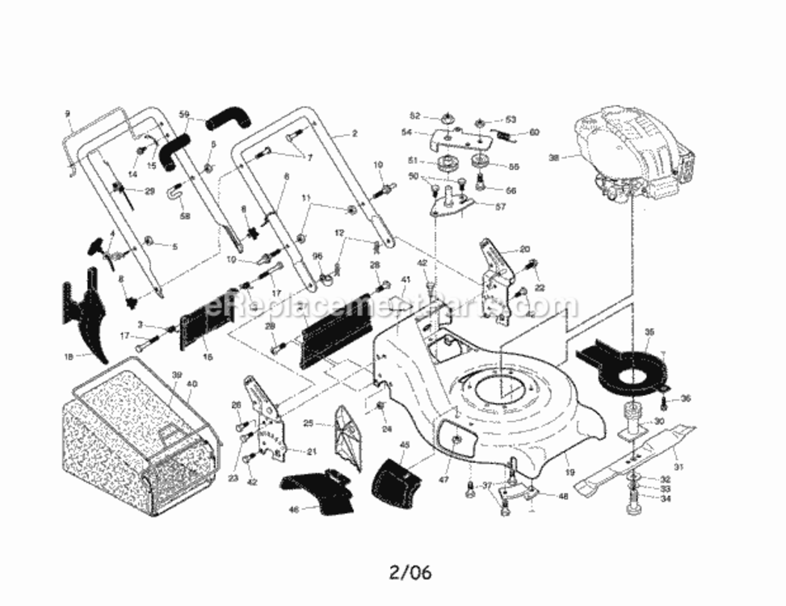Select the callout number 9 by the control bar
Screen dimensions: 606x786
(68, 114)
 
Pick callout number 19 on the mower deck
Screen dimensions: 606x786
(570, 471)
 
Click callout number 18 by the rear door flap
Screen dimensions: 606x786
(68, 356)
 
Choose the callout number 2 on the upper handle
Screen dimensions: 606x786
(354, 133)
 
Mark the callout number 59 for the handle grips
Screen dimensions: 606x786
(184, 114)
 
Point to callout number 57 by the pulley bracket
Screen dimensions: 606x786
(523, 207)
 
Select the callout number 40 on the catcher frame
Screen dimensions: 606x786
(191, 383)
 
